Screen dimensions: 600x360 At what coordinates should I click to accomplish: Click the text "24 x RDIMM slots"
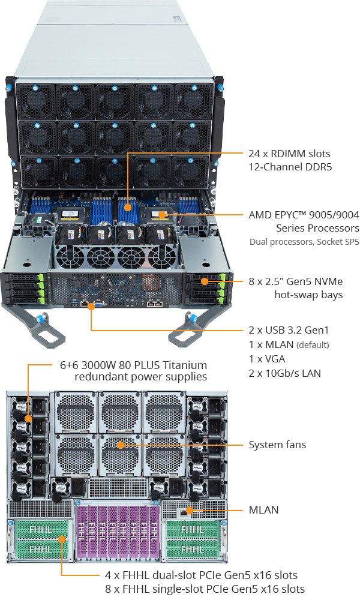[289, 154]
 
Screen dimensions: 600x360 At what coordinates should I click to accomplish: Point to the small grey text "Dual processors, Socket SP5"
[304, 242]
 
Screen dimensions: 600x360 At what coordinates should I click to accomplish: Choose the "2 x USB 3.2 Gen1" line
[289, 330]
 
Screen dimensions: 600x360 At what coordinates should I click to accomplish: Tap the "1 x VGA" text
[266, 359]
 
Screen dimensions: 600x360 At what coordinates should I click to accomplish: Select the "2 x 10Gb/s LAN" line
[284, 373]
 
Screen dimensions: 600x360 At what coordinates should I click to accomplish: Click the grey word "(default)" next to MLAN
[313, 345]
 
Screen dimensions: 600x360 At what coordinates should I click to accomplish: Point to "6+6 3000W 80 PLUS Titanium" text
[133, 365]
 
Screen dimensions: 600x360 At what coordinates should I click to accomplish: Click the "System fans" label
[277, 445]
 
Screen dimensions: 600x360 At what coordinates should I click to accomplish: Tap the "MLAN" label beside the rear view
[263, 510]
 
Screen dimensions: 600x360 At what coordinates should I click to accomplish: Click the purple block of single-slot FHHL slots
[118, 533]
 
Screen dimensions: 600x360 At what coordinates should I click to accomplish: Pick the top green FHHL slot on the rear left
[40, 530]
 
